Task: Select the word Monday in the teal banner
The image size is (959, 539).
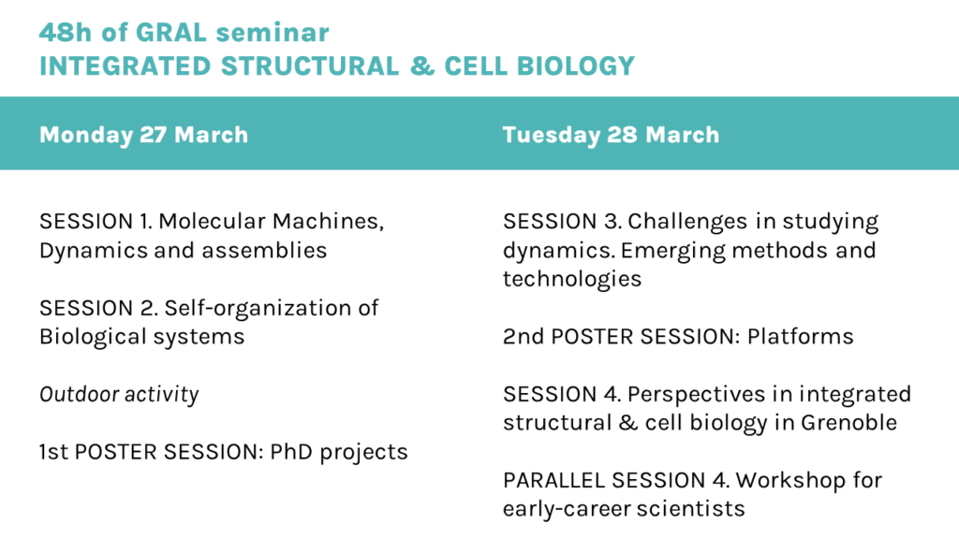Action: pyautogui.click(x=86, y=135)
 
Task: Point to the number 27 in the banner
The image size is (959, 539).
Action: pyautogui.click(x=153, y=135)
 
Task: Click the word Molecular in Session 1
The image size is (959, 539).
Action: pyautogui.click(x=212, y=221)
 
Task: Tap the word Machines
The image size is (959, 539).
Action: pyautogui.click(x=328, y=222)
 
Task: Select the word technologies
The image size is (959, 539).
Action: pyautogui.click(x=572, y=279)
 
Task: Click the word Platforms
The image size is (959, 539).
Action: pyautogui.click(x=800, y=337)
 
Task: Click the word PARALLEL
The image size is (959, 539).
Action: pyautogui.click(x=553, y=480)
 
